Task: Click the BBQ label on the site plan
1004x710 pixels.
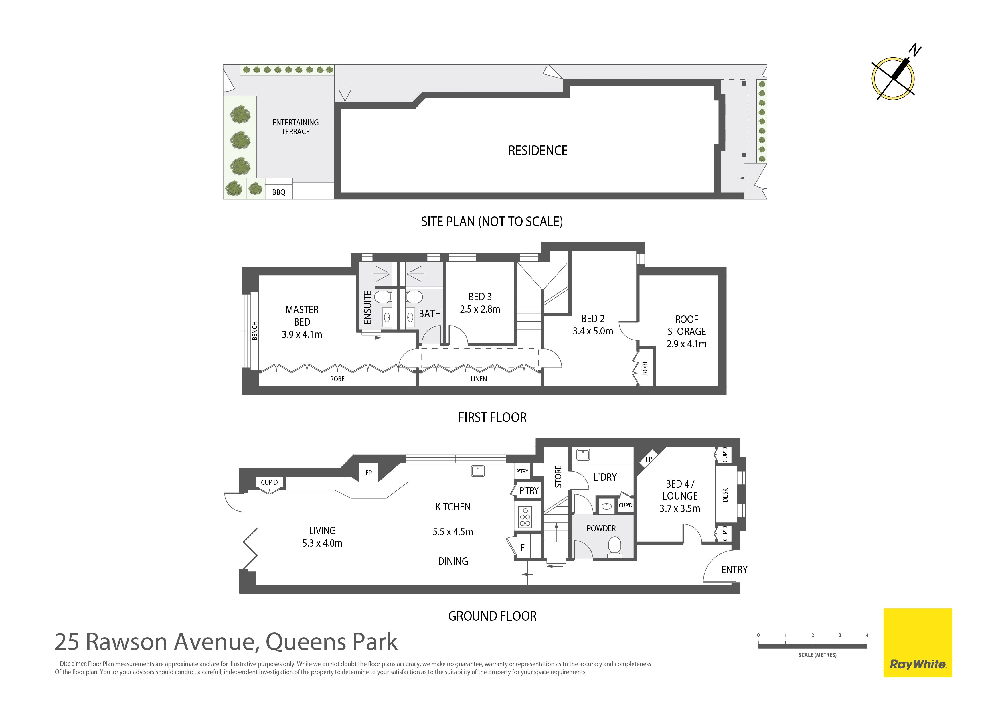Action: [x=278, y=192]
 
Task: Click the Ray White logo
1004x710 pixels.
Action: [x=918, y=643]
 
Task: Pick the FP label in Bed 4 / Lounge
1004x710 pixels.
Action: [x=649, y=459]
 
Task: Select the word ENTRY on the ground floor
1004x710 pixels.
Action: [x=734, y=570]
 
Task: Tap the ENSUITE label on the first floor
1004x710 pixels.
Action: [x=368, y=307]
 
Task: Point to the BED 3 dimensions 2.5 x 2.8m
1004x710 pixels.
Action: [x=480, y=309]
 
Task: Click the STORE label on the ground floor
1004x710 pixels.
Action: [x=558, y=476]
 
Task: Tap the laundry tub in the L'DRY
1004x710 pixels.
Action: [x=583, y=455]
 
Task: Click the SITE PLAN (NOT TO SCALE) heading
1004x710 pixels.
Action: [x=492, y=222]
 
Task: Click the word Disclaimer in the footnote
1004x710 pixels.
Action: [x=73, y=664]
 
